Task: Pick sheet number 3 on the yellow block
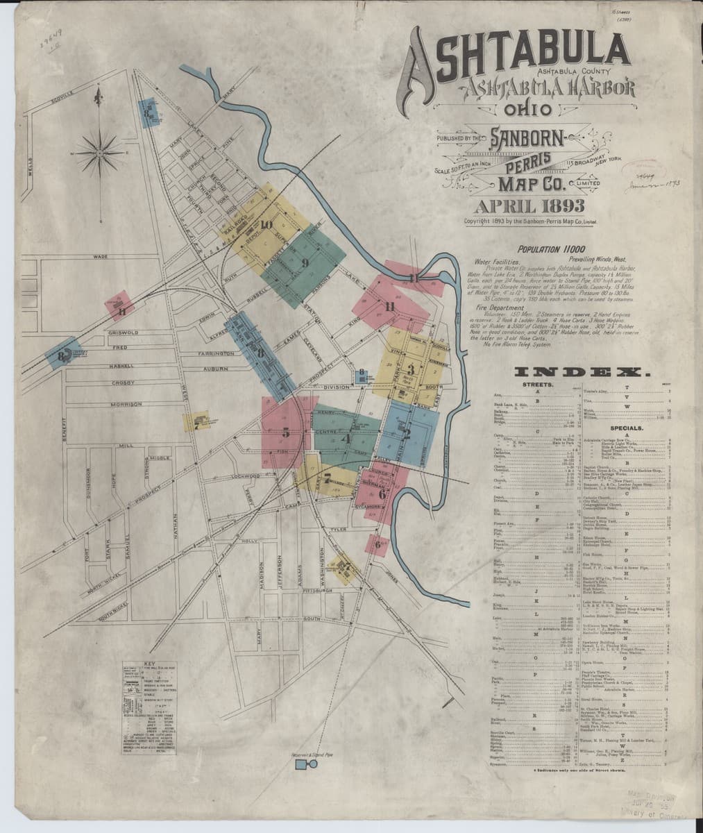[x=411, y=369]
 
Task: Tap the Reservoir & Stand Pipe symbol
[x=302, y=764]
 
